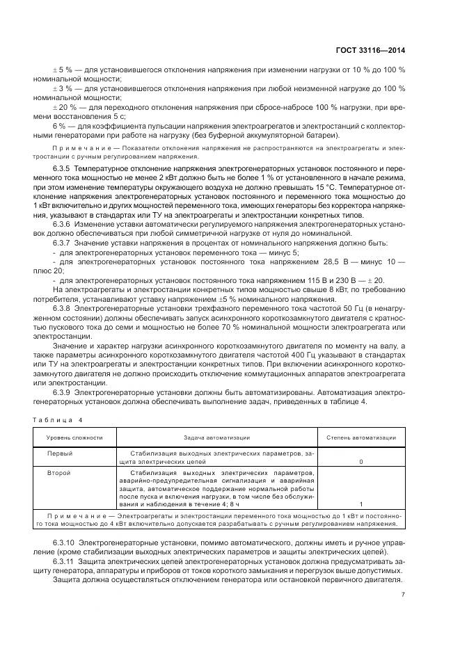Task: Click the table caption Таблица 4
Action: pos(57,419)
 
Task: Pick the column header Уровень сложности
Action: pos(74,437)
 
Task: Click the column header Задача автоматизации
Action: pos(216,437)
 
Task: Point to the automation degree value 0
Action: pos(360,461)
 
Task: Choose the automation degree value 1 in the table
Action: pos(360,504)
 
